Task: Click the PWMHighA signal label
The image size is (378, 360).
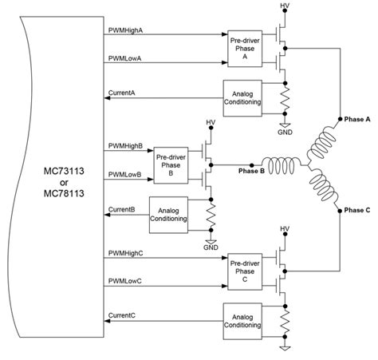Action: click(x=126, y=30)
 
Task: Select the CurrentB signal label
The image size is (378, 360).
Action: click(x=122, y=209)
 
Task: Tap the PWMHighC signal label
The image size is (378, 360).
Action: click(x=126, y=252)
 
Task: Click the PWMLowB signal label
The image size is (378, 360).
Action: click(x=124, y=173)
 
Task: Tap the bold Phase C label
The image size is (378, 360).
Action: click(x=356, y=211)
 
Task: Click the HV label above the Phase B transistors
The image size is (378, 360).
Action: click(x=211, y=123)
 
